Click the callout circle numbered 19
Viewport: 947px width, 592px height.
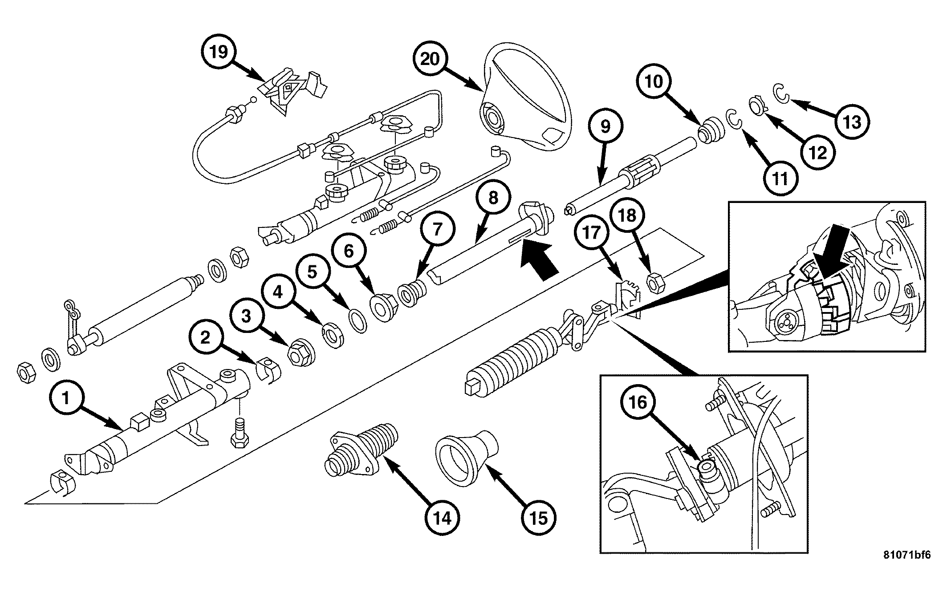coord(218,52)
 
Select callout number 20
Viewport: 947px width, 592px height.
coord(430,59)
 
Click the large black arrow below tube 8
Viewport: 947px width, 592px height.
coord(539,264)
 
